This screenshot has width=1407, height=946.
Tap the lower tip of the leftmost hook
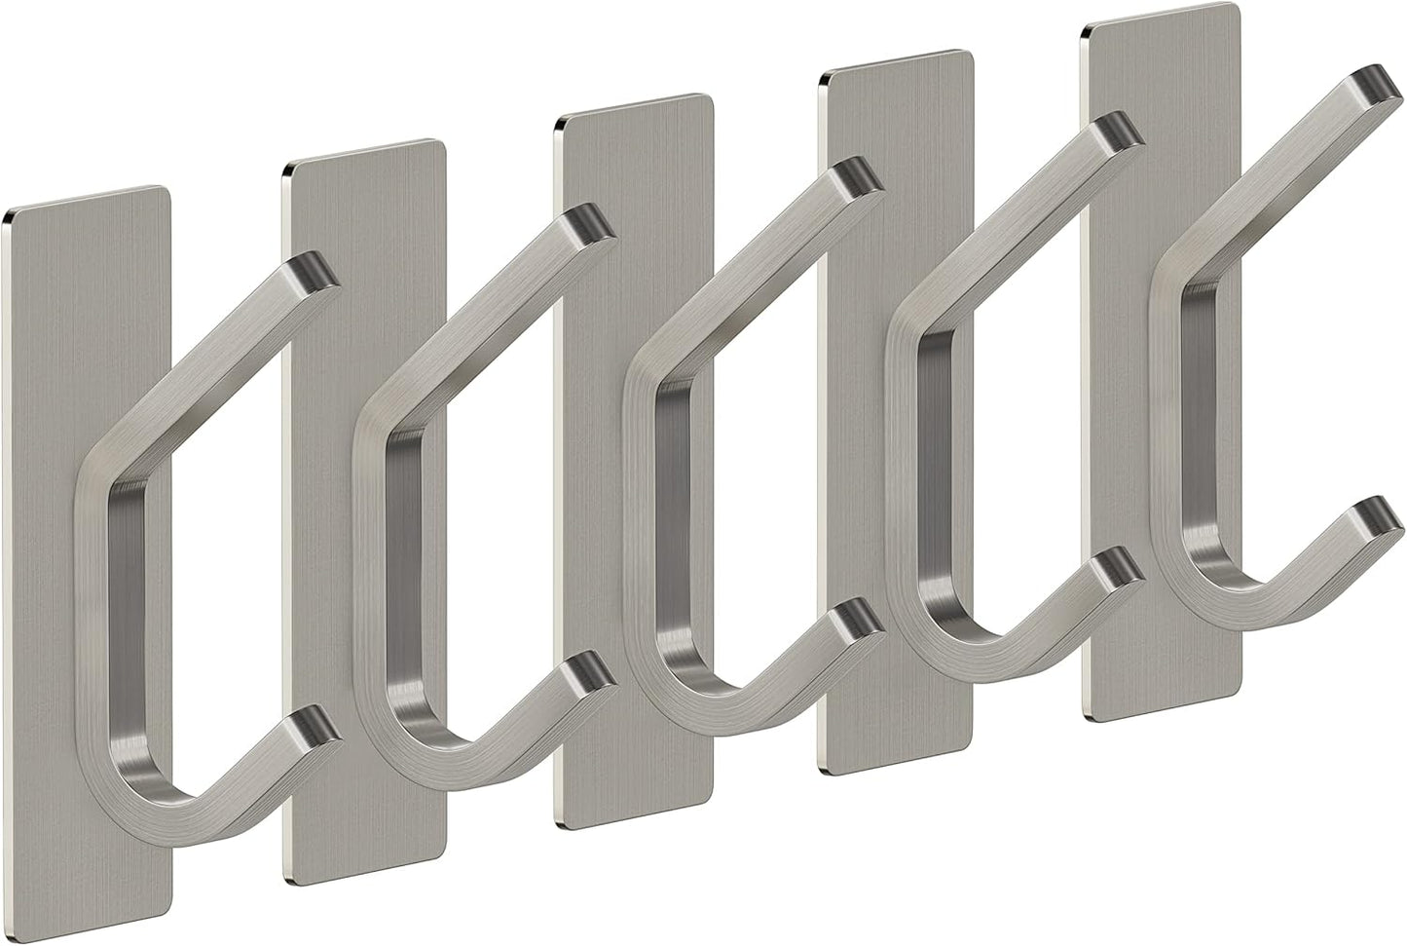pos(315,725)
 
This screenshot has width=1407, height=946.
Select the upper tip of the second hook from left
pos(592,223)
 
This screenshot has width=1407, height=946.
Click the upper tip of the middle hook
pos(861,176)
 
